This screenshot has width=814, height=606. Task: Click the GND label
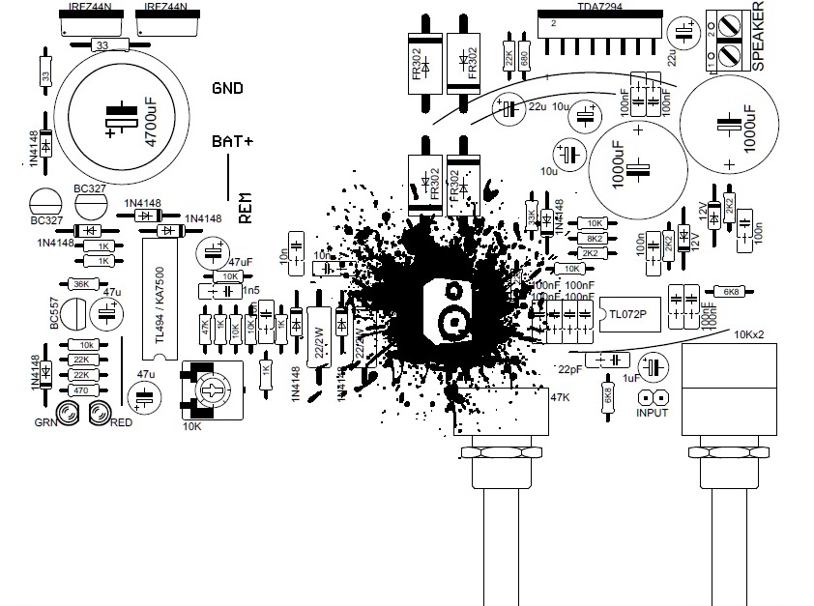pos(226,88)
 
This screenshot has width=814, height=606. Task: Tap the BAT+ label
pos(232,141)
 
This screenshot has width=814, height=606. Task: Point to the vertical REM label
pos(245,205)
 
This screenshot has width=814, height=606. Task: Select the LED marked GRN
pos(70,414)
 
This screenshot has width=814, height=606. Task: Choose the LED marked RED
pos(98,414)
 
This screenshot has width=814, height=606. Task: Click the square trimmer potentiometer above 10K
pos(213,391)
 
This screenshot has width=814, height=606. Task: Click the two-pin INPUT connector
pos(653,396)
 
